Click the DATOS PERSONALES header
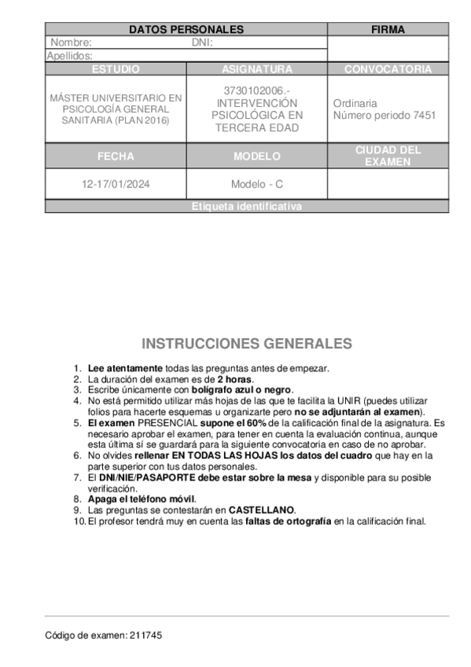tap(186, 30)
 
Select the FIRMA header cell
tap(388, 30)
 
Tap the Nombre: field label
tap(72, 43)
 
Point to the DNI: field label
tap(203, 43)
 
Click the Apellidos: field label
tap(70, 56)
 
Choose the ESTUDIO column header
tap(116, 69)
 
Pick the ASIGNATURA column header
tap(257, 69)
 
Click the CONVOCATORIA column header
tap(388, 69)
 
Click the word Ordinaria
tap(355, 103)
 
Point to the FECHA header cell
tap(116, 157)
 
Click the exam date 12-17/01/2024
tap(116, 185)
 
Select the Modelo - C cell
tap(257, 185)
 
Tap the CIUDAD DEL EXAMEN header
tap(388, 156)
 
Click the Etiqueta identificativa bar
tap(247, 207)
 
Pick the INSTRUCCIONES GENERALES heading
tap(247, 345)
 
